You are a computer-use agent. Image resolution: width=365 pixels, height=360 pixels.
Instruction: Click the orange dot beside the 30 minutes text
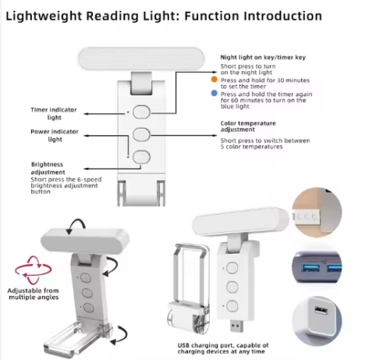[214, 80]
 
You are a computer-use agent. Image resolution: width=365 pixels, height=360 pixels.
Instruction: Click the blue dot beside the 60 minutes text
[214, 93]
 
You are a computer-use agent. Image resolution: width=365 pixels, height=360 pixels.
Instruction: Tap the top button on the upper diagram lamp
[141, 112]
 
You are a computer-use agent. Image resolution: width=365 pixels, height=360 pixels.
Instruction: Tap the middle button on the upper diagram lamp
[141, 134]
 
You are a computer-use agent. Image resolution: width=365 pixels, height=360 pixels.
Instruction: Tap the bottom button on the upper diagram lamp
[141, 157]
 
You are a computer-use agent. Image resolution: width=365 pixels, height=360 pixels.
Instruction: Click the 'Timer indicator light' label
[54, 113]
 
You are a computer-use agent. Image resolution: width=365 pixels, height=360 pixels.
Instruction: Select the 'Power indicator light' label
[55, 135]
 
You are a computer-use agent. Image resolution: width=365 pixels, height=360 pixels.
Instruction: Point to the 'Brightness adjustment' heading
[48, 168]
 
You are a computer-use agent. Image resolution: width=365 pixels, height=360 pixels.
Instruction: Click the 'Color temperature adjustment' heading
[248, 127]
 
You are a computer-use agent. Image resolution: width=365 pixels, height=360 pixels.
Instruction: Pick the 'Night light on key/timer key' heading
[263, 57]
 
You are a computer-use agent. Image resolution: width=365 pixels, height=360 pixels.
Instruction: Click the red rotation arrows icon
[33, 270]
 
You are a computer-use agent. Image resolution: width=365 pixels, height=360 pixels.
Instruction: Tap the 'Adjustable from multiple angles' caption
[34, 294]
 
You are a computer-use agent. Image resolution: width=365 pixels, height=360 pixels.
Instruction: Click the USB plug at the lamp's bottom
[236, 326]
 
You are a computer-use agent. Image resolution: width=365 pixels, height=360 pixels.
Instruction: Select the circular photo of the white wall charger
[317, 321]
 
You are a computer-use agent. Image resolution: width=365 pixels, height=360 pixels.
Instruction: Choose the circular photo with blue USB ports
[317, 268]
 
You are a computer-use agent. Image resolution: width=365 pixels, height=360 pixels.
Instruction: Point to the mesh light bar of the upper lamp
[141, 59]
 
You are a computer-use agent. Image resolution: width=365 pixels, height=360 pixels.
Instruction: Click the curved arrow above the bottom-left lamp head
[76, 226]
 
